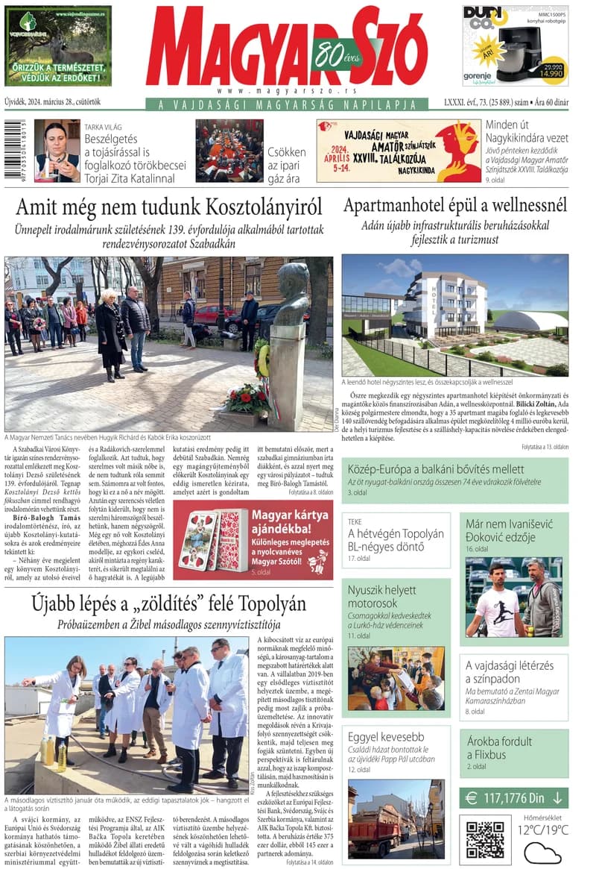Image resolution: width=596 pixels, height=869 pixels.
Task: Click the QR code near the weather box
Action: coord(485,840)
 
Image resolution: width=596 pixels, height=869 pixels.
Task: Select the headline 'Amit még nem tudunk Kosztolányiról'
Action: coord(169,207)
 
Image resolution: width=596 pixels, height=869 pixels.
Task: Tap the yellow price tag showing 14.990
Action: coord(551,73)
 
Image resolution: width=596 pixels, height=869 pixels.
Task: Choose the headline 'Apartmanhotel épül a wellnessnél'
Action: coord(455,205)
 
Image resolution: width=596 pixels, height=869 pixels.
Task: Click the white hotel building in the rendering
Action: coord(446,304)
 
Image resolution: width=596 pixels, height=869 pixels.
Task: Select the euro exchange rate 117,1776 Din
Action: coord(513,798)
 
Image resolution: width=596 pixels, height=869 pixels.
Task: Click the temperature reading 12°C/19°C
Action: coord(543,829)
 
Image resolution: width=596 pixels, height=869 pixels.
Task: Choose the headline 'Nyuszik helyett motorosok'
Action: coord(381,596)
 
